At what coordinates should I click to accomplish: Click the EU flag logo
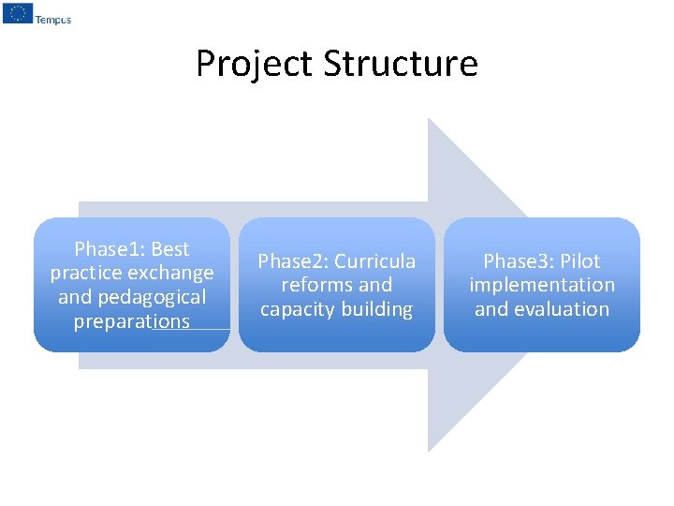[18, 13]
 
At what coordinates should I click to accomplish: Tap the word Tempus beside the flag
[52, 20]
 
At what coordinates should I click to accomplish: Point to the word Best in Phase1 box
[169, 249]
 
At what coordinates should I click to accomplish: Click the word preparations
[132, 322]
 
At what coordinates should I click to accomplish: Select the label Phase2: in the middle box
[293, 261]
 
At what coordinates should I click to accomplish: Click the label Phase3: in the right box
[519, 261]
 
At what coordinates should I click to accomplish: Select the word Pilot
[580, 261]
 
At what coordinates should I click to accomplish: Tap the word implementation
[542, 285]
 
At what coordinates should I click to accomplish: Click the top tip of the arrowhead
[429, 119]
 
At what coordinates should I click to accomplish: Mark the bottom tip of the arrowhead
[429, 452]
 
